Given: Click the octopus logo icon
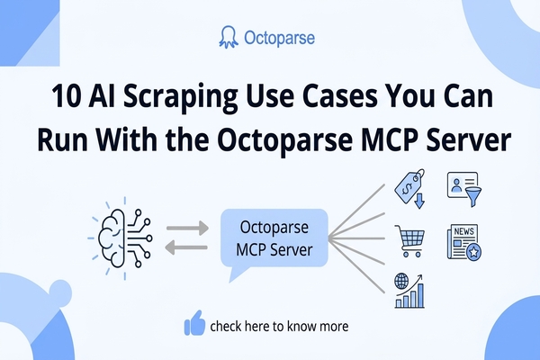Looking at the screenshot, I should (x=229, y=38).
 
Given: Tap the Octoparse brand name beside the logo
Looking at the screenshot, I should (x=280, y=39).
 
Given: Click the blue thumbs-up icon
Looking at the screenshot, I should (x=194, y=323).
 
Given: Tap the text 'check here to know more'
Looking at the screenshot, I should (x=279, y=325).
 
